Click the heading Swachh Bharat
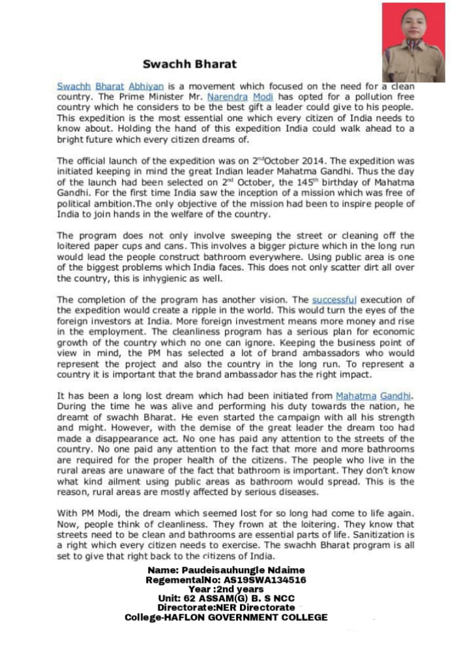(x=190, y=64)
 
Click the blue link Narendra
(x=228, y=96)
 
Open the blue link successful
(x=334, y=300)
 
